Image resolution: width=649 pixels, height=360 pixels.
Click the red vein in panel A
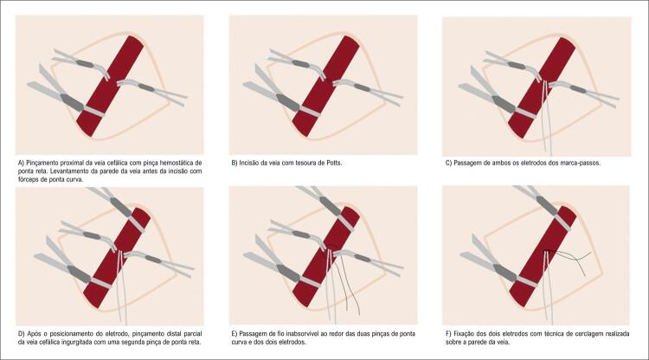tap(110, 86)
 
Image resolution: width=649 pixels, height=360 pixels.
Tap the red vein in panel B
tap(325, 86)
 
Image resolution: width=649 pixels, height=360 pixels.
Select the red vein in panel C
tap(542, 87)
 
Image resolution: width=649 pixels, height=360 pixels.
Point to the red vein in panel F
tap(543, 256)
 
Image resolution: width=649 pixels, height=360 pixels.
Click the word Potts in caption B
tap(333, 163)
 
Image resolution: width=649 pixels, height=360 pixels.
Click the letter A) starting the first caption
tap(22, 163)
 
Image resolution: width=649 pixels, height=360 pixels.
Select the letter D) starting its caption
tap(22, 333)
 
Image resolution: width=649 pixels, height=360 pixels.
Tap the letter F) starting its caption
tap(449, 333)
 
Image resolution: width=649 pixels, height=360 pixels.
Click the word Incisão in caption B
tap(249, 163)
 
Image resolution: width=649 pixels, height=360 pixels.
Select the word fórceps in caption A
tap(29, 180)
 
